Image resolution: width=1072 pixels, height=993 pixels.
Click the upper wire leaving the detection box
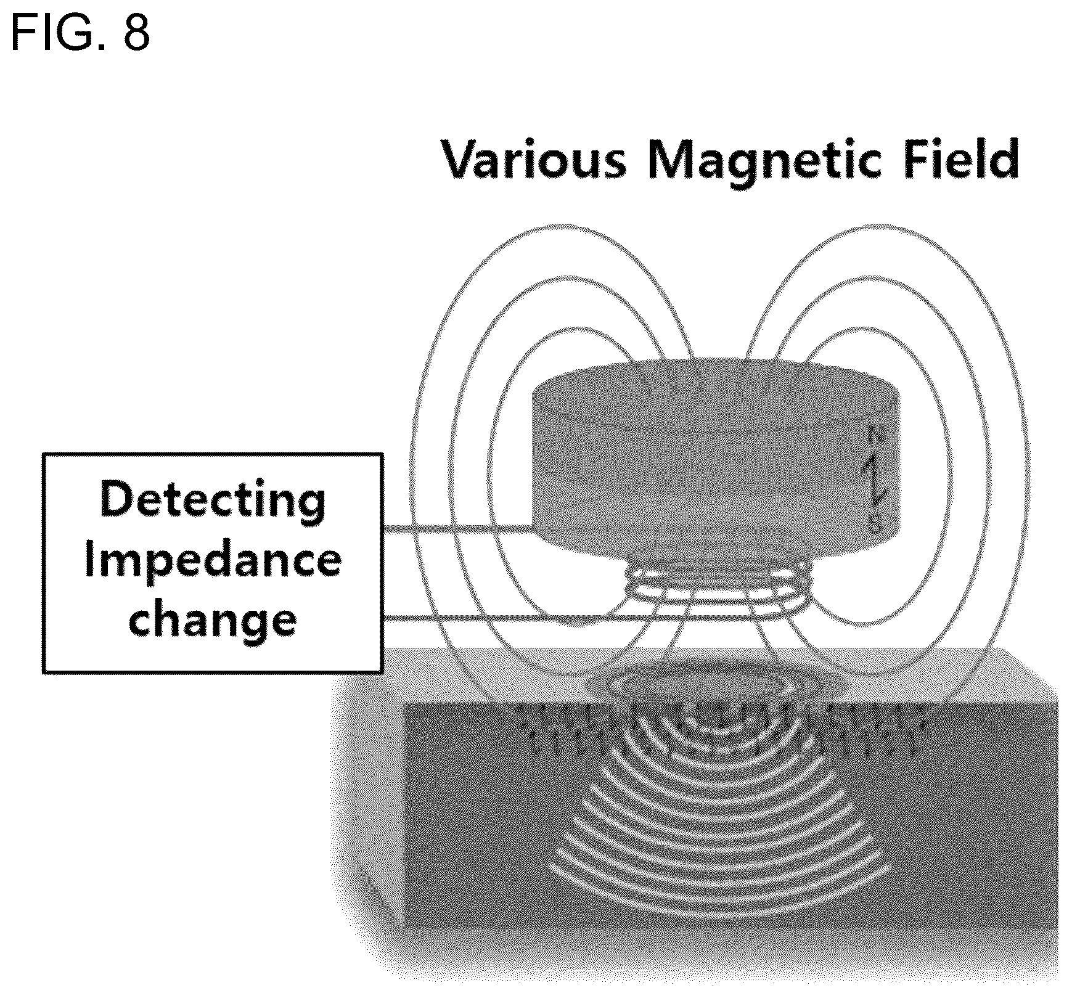pos(457,529)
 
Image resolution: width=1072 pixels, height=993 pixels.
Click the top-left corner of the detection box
pos(43,454)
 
